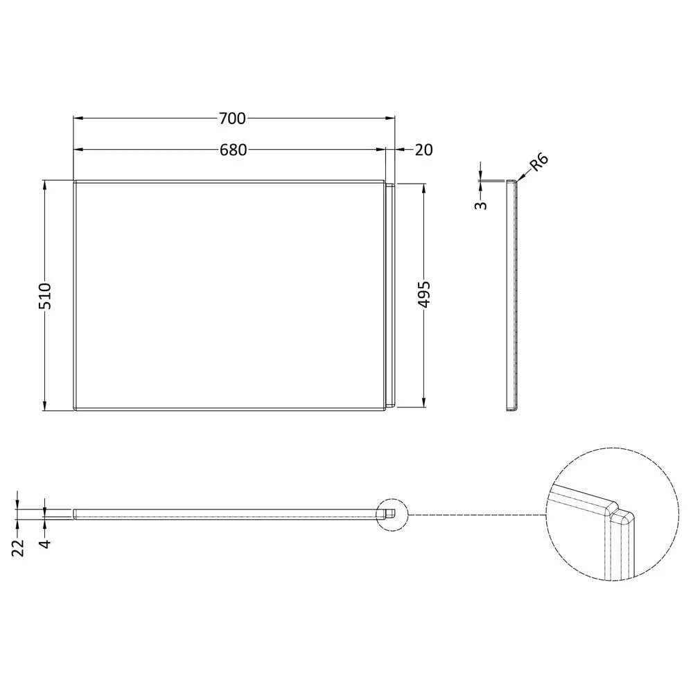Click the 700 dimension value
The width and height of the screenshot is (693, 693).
(x=232, y=119)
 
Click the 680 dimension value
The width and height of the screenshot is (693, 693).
(x=234, y=150)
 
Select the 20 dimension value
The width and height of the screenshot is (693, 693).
(x=423, y=150)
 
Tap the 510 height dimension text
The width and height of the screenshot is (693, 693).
(x=45, y=296)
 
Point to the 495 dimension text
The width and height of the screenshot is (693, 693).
(x=424, y=295)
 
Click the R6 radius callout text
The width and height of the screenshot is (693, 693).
(x=538, y=163)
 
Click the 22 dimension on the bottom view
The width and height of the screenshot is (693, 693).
(x=19, y=547)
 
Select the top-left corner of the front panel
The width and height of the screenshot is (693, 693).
(x=75, y=182)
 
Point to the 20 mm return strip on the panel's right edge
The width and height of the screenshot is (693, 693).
(x=389, y=295)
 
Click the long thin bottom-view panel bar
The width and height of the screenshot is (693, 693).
(x=229, y=513)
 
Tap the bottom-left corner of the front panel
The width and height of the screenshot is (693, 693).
(x=75, y=409)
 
